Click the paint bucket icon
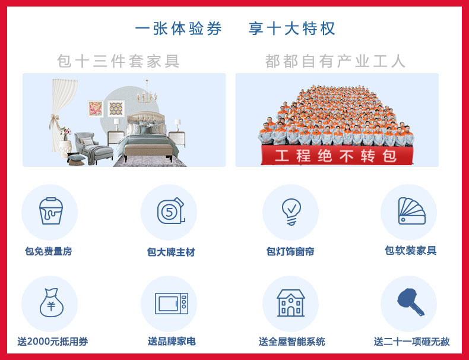[x=51, y=211]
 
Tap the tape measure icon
[x=171, y=211]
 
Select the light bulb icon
[x=291, y=211]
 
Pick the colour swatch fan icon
[x=411, y=211]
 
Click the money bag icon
[x=52, y=302]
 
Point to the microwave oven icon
[x=172, y=304]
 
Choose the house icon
[x=291, y=303]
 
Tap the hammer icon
[x=411, y=302]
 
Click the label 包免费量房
[x=49, y=251]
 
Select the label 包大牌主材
[x=171, y=252]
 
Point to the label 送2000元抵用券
[x=53, y=342]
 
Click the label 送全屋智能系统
[x=291, y=342]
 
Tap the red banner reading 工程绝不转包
[x=337, y=155]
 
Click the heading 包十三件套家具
[x=119, y=61]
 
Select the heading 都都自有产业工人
[x=335, y=61]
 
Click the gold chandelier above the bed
[x=147, y=93]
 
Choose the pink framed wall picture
[x=96, y=109]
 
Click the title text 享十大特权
[x=291, y=29]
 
